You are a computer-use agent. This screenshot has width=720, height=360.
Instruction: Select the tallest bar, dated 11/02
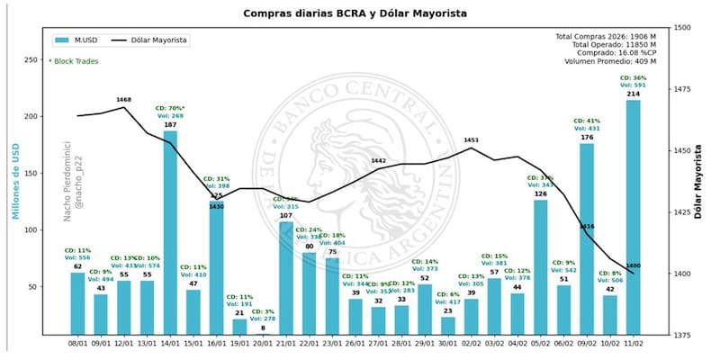[x=634, y=216]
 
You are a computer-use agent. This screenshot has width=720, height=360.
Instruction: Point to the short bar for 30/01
[x=447, y=325]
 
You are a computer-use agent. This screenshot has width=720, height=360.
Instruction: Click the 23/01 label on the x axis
[x=332, y=343]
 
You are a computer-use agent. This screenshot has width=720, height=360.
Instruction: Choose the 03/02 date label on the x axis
[x=494, y=343]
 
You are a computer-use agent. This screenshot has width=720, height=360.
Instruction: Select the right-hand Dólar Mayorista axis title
[x=697, y=180]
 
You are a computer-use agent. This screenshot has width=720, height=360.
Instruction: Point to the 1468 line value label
[x=124, y=99]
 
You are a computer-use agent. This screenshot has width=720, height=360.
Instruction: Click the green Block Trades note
[x=75, y=61]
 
